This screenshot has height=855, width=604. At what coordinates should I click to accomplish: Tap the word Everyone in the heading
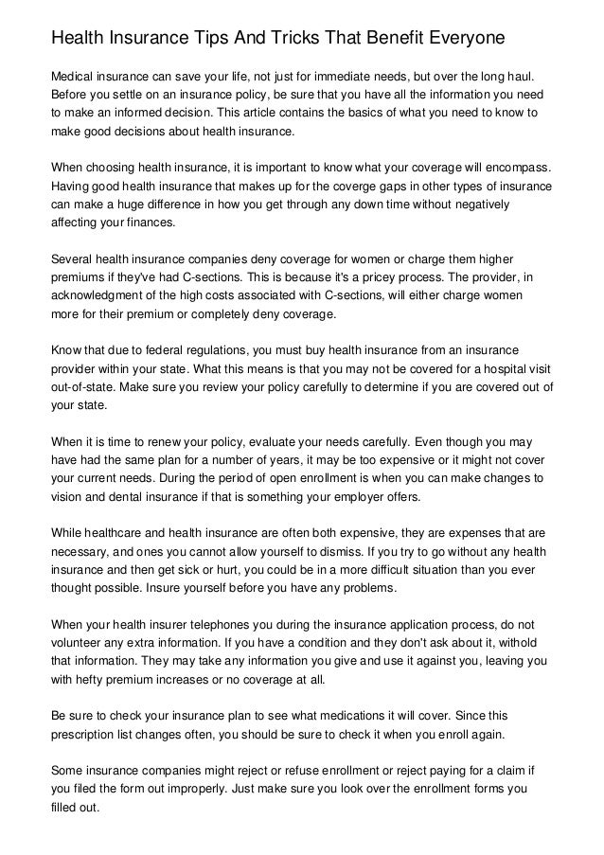coord(462,38)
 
